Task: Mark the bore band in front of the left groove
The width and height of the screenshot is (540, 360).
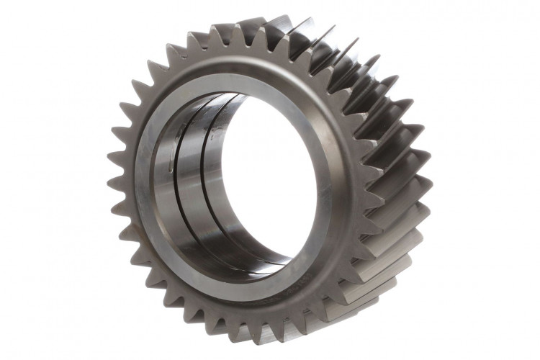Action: pos(173,194)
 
